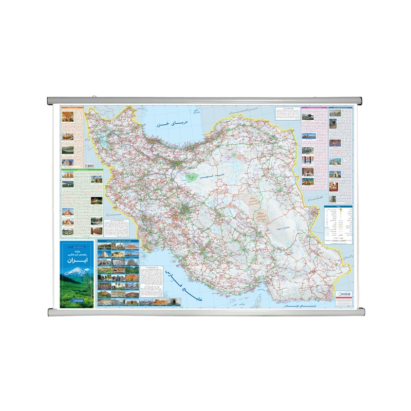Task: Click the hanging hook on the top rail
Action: pos(94,96)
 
